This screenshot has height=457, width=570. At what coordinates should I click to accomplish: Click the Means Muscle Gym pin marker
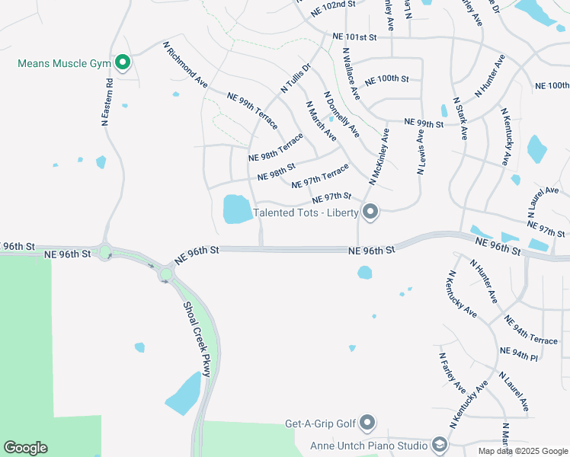122,62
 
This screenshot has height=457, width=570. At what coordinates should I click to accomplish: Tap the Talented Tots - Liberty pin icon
370,212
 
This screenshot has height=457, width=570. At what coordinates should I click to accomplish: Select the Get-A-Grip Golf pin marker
367,423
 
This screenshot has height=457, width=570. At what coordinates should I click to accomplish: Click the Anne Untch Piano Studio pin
439,444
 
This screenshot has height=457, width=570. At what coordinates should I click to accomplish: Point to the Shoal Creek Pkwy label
196,339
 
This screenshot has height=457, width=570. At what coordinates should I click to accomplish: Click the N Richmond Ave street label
186,62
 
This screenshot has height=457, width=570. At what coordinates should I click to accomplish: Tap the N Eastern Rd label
107,101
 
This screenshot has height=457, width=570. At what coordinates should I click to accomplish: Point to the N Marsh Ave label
321,121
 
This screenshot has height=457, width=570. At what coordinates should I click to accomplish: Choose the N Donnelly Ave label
341,115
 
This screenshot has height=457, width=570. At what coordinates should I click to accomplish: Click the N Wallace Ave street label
351,75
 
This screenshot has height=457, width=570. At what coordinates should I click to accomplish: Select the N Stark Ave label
460,118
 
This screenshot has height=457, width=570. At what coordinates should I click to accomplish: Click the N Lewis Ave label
420,152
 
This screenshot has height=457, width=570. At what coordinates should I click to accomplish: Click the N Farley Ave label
452,371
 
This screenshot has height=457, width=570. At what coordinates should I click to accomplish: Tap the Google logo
25,448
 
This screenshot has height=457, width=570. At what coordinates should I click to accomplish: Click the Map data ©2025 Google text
522,451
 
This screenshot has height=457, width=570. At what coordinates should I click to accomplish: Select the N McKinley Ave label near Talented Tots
379,157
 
